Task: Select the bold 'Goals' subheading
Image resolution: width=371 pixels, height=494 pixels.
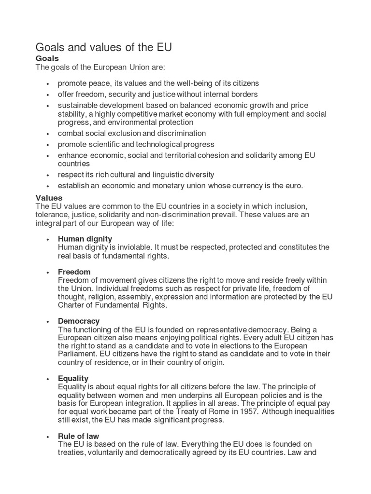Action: [x=47, y=58]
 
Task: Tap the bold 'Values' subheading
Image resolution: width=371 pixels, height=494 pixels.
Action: [x=49, y=198]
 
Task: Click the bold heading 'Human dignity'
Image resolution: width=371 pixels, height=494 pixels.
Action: [x=85, y=239]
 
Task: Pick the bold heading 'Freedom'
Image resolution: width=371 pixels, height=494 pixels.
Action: [x=74, y=272]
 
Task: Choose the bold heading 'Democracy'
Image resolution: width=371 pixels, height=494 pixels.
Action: [x=79, y=321]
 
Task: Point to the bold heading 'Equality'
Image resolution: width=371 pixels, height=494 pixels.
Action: [x=73, y=378]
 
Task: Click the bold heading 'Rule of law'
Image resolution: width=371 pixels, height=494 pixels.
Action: [x=78, y=436]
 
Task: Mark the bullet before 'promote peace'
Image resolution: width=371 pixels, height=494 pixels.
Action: [x=47, y=84]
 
